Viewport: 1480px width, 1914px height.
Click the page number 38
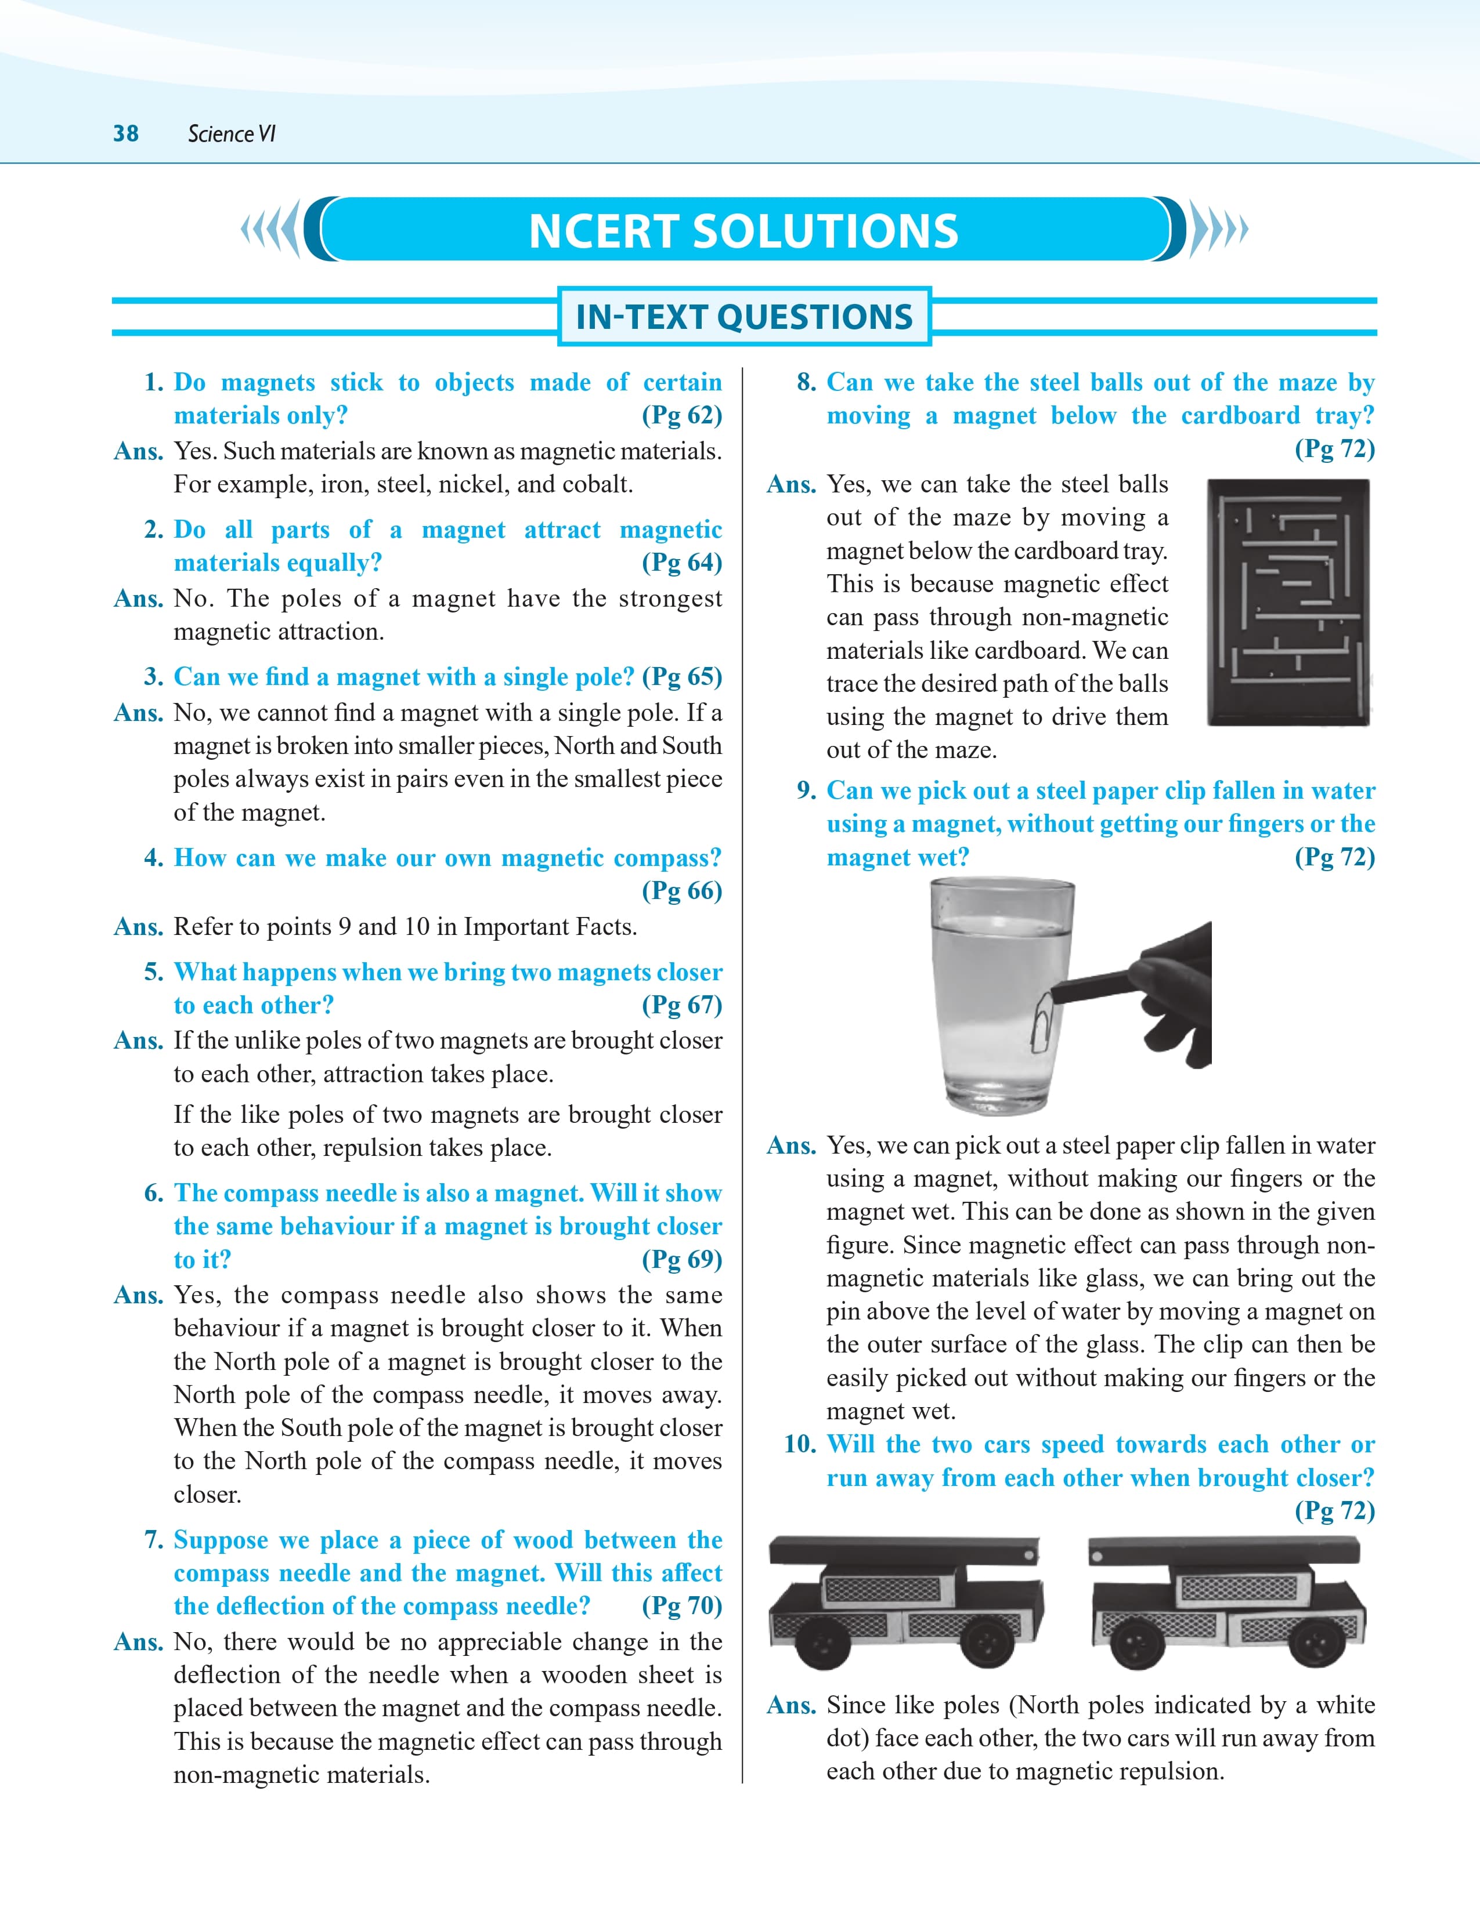click(125, 133)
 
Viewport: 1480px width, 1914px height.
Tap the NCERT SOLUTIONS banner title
click(743, 231)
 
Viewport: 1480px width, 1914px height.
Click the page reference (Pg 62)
click(681, 415)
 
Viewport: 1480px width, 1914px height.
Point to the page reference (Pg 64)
click(681, 562)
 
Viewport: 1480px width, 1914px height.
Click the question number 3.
click(153, 676)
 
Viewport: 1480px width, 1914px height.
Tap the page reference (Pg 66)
click(681, 890)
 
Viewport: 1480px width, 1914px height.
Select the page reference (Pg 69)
click(681, 1259)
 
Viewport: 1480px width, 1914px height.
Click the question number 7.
click(153, 1540)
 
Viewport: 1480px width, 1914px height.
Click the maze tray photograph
click(1288, 602)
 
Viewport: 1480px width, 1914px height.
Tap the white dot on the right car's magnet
click(1097, 1557)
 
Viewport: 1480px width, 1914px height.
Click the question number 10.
click(800, 1444)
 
